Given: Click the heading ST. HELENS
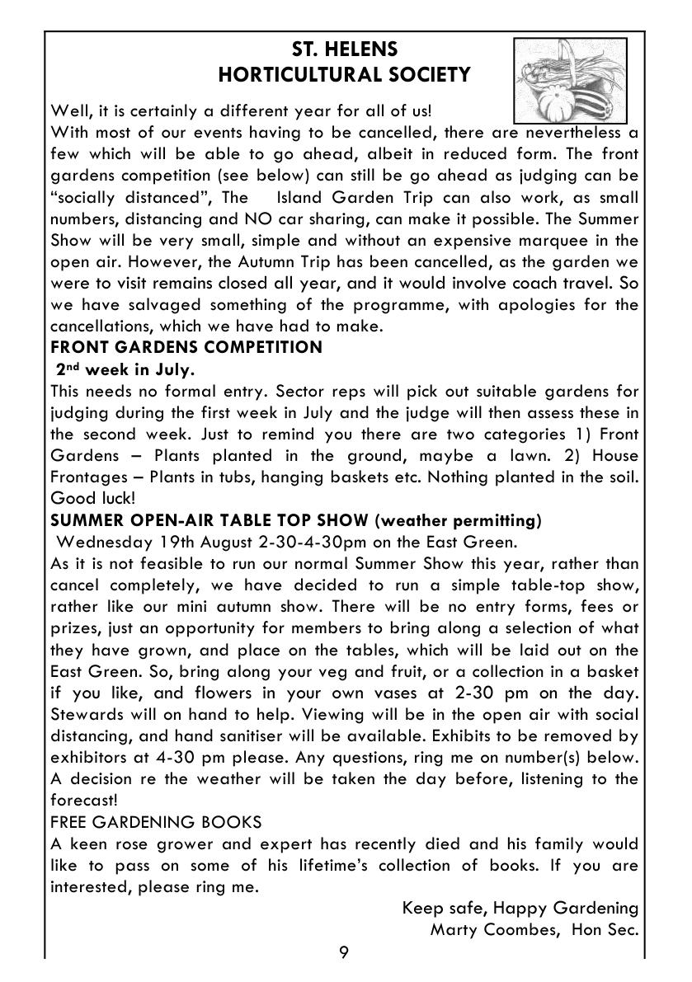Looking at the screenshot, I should [344, 49].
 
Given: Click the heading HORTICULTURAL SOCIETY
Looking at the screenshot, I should [344, 75].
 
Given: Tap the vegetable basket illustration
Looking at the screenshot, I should [570, 80].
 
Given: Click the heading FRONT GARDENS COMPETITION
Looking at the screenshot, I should [186, 347].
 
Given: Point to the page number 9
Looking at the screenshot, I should [344, 953].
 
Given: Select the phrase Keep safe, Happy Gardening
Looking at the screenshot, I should [520, 908].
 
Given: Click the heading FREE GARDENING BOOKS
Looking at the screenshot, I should [156, 822].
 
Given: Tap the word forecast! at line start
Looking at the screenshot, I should [83, 800].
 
